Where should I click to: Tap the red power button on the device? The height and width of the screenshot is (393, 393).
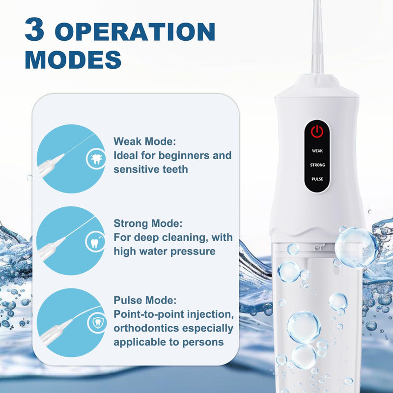click(x=317, y=131)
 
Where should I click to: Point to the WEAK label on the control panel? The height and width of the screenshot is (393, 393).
click(x=317, y=151)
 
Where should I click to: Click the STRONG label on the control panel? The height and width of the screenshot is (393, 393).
click(x=317, y=165)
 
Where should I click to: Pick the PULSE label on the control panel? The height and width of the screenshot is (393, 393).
click(x=317, y=179)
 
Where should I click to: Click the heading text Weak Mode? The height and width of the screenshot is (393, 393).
click(x=144, y=141)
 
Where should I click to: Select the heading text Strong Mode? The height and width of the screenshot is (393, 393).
click(x=148, y=224)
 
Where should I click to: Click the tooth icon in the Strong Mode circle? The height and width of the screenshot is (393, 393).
click(x=96, y=242)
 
